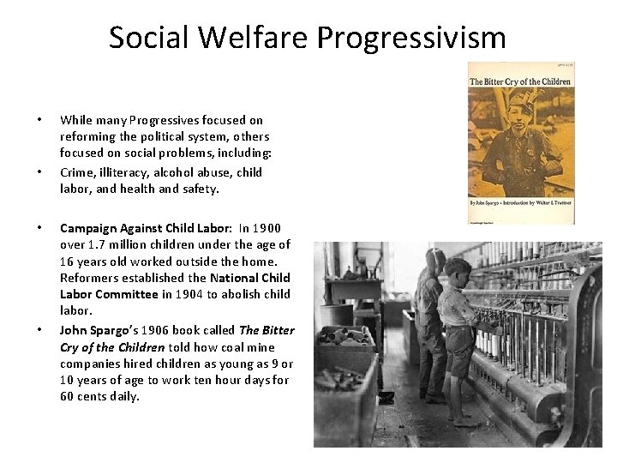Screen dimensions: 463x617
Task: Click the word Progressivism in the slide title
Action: (411, 38)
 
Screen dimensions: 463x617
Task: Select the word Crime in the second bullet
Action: (77, 172)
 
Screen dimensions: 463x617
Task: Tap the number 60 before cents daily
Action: (68, 397)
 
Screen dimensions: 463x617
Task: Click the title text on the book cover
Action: (519, 82)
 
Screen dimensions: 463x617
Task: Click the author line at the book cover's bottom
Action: (519, 203)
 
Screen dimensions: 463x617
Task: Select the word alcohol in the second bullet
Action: (176, 172)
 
